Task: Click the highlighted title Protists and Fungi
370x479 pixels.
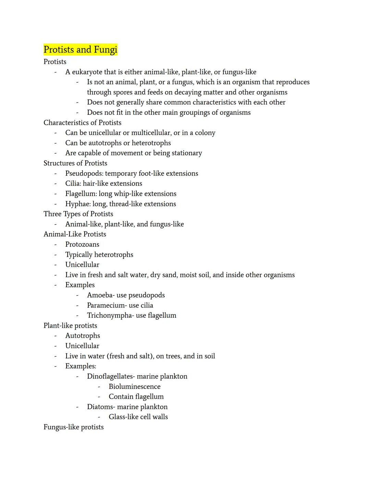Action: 80,50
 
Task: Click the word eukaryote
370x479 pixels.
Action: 87,72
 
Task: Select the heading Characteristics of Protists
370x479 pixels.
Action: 82,123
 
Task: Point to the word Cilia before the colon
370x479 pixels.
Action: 73,183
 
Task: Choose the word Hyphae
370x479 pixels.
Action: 77,204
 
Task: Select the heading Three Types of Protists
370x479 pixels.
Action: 78,214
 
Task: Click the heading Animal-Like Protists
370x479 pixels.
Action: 75,234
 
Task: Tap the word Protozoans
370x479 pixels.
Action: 82,244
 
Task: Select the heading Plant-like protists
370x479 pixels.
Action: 70,326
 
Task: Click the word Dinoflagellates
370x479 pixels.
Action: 110,376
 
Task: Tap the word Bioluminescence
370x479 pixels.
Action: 134,387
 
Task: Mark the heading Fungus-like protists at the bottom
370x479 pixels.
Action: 73,427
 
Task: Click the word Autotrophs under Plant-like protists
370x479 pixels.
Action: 83,336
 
